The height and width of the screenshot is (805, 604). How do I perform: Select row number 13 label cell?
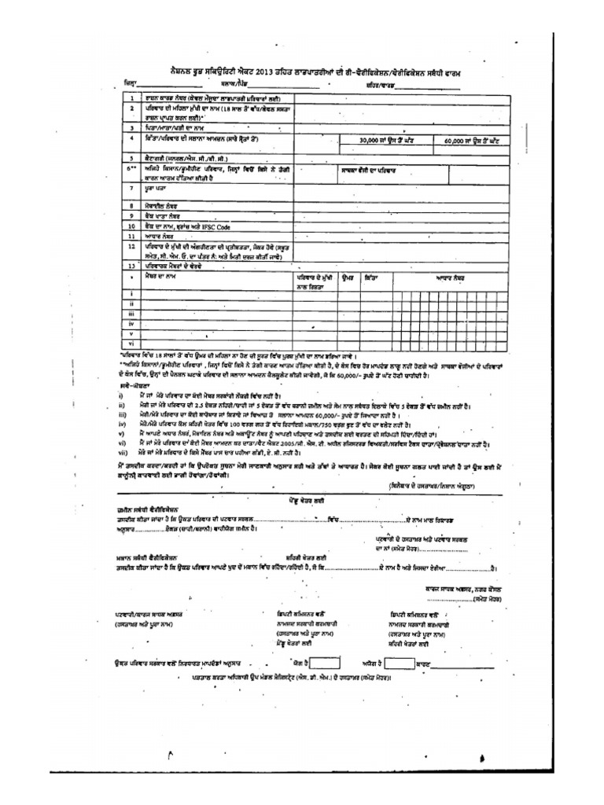tap(132, 266)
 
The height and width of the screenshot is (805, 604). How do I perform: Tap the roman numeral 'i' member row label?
tap(131, 293)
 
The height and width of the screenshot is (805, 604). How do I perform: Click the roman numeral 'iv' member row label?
tap(131, 323)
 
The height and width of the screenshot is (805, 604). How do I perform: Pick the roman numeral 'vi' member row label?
tap(131, 344)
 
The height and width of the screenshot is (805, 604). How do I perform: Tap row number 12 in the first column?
tap(132, 245)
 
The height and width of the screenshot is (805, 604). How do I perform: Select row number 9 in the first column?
tap(132, 215)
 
